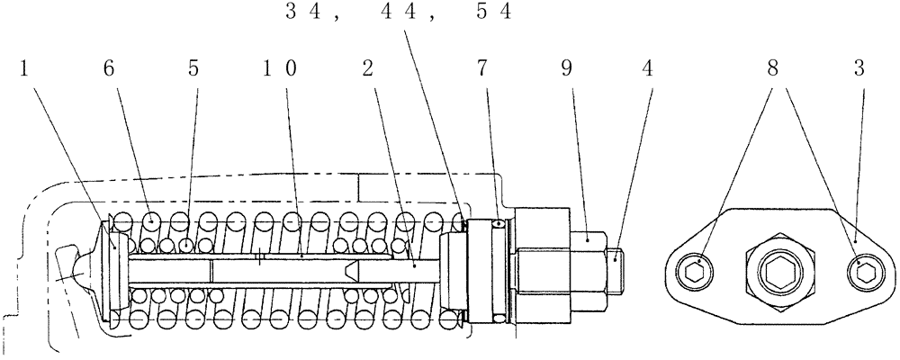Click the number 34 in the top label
(x=301, y=13)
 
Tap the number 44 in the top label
(x=400, y=13)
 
